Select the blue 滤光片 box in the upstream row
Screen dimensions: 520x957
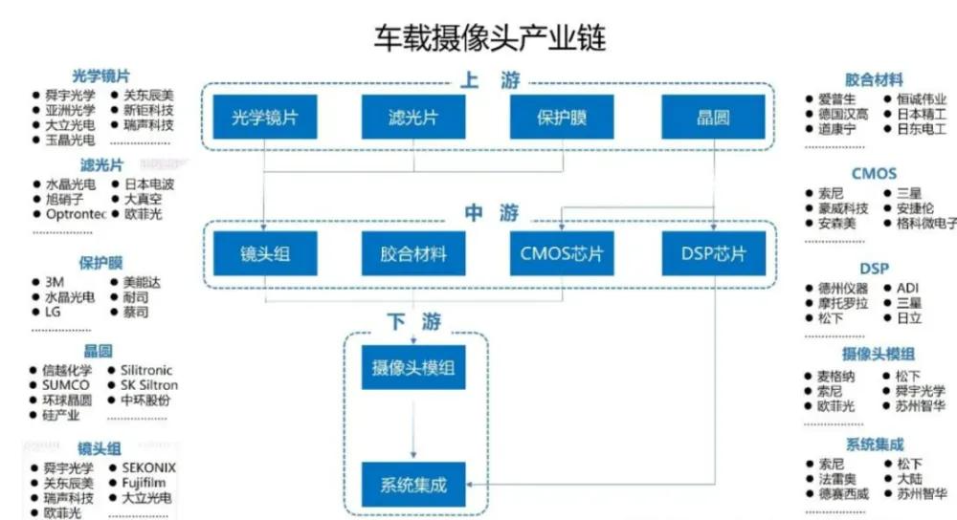[413, 119]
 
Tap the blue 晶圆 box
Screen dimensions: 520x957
[714, 119]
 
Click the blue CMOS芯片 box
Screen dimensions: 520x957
[564, 255]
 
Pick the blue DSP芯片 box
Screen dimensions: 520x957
[714, 255]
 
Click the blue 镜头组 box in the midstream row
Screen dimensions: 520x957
[264, 255]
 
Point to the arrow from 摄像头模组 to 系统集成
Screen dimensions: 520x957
[413, 425]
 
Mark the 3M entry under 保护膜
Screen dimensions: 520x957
[55, 283]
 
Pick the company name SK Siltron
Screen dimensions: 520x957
[148, 385]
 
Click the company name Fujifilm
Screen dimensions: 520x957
[144, 483]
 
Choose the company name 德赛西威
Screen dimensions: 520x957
[842, 494]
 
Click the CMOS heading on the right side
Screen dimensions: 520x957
[874, 174]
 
